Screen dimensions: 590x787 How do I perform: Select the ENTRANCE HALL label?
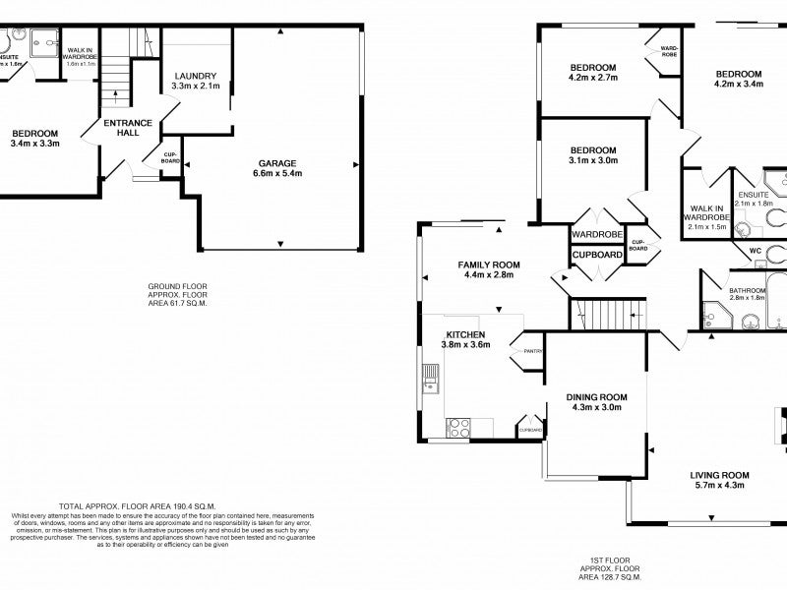(129, 129)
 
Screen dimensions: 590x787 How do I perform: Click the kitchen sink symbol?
(430, 379)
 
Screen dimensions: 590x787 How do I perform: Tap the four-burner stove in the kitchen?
(458, 427)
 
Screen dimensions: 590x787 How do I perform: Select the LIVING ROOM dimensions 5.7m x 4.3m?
(722, 486)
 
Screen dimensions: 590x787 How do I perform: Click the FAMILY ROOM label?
(489, 265)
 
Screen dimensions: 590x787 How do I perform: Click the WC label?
(756, 251)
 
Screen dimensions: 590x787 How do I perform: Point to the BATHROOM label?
(748, 290)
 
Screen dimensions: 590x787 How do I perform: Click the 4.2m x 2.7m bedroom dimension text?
(592, 81)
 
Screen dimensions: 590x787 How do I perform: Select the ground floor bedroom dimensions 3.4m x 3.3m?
(35, 144)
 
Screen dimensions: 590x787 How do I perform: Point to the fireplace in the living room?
(779, 424)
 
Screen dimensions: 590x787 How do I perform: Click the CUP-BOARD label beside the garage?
(170, 158)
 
